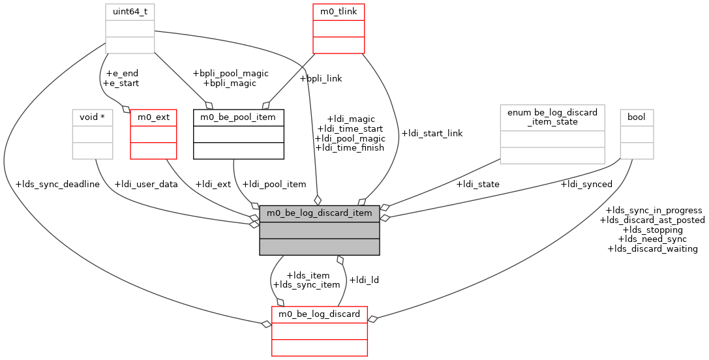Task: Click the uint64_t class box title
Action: [x=130, y=12]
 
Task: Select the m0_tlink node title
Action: [x=339, y=12]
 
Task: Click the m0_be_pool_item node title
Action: [x=239, y=117]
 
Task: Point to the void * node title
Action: [x=93, y=117]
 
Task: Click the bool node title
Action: [x=637, y=117]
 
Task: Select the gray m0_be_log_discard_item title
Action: [x=320, y=213]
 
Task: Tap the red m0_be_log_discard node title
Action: [x=320, y=314]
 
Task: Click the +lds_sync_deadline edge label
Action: [x=57, y=184]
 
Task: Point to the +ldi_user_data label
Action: [x=146, y=184]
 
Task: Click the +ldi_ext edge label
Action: [x=213, y=184]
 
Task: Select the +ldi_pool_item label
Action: [x=274, y=184]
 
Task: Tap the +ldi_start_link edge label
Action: [x=432, y=133]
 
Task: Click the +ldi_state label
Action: [x=478, y=184]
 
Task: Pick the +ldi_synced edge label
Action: [x=586, y=184]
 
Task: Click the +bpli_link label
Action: [x=320, y=78]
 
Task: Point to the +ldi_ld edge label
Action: [x=364, y=280]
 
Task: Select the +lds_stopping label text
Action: [x=653, y=230]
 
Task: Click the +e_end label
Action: [x=121, y=74]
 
